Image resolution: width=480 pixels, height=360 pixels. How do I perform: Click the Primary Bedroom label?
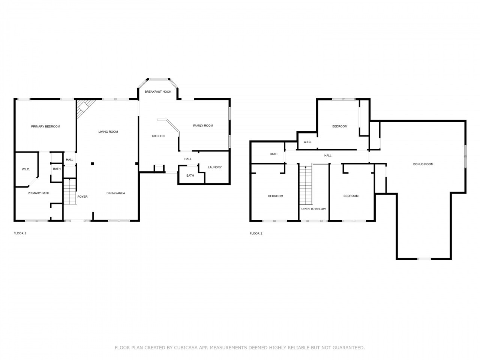click(x=45, y=126)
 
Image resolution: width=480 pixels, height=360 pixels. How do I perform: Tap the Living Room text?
click(x=108, y=132)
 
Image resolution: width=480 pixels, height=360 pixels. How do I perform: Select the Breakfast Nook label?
click(x=158, y=91)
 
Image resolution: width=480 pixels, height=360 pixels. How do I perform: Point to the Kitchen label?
click(x=158, y=136)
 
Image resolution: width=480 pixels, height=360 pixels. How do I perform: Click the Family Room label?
click(x=203, y=126)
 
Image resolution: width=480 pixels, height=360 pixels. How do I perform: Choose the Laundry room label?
click(x=215, y=167)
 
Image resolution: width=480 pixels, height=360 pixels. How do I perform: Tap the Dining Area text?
click(x=115, y=193)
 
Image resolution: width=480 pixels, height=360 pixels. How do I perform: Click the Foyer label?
click(x=82, y=196)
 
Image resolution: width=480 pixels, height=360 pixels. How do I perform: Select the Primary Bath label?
click(x=38, y=193)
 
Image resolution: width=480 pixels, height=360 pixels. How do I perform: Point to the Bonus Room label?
click(x=423, y=164)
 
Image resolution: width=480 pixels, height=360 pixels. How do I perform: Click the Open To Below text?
click(x=313, y=209)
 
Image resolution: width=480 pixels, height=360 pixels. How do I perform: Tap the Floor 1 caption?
click(x=20, y=233)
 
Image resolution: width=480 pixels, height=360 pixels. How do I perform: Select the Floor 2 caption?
click(x=256, y=234)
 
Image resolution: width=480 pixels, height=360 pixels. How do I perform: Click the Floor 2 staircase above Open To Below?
click(x=306, y=185)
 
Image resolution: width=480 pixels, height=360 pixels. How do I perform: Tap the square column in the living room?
click(x=93, y=163)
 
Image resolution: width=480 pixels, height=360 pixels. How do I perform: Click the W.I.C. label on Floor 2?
click(x=307, y=142)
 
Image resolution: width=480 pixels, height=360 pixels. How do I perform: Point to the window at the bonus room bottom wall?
click(x=424, y=259)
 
